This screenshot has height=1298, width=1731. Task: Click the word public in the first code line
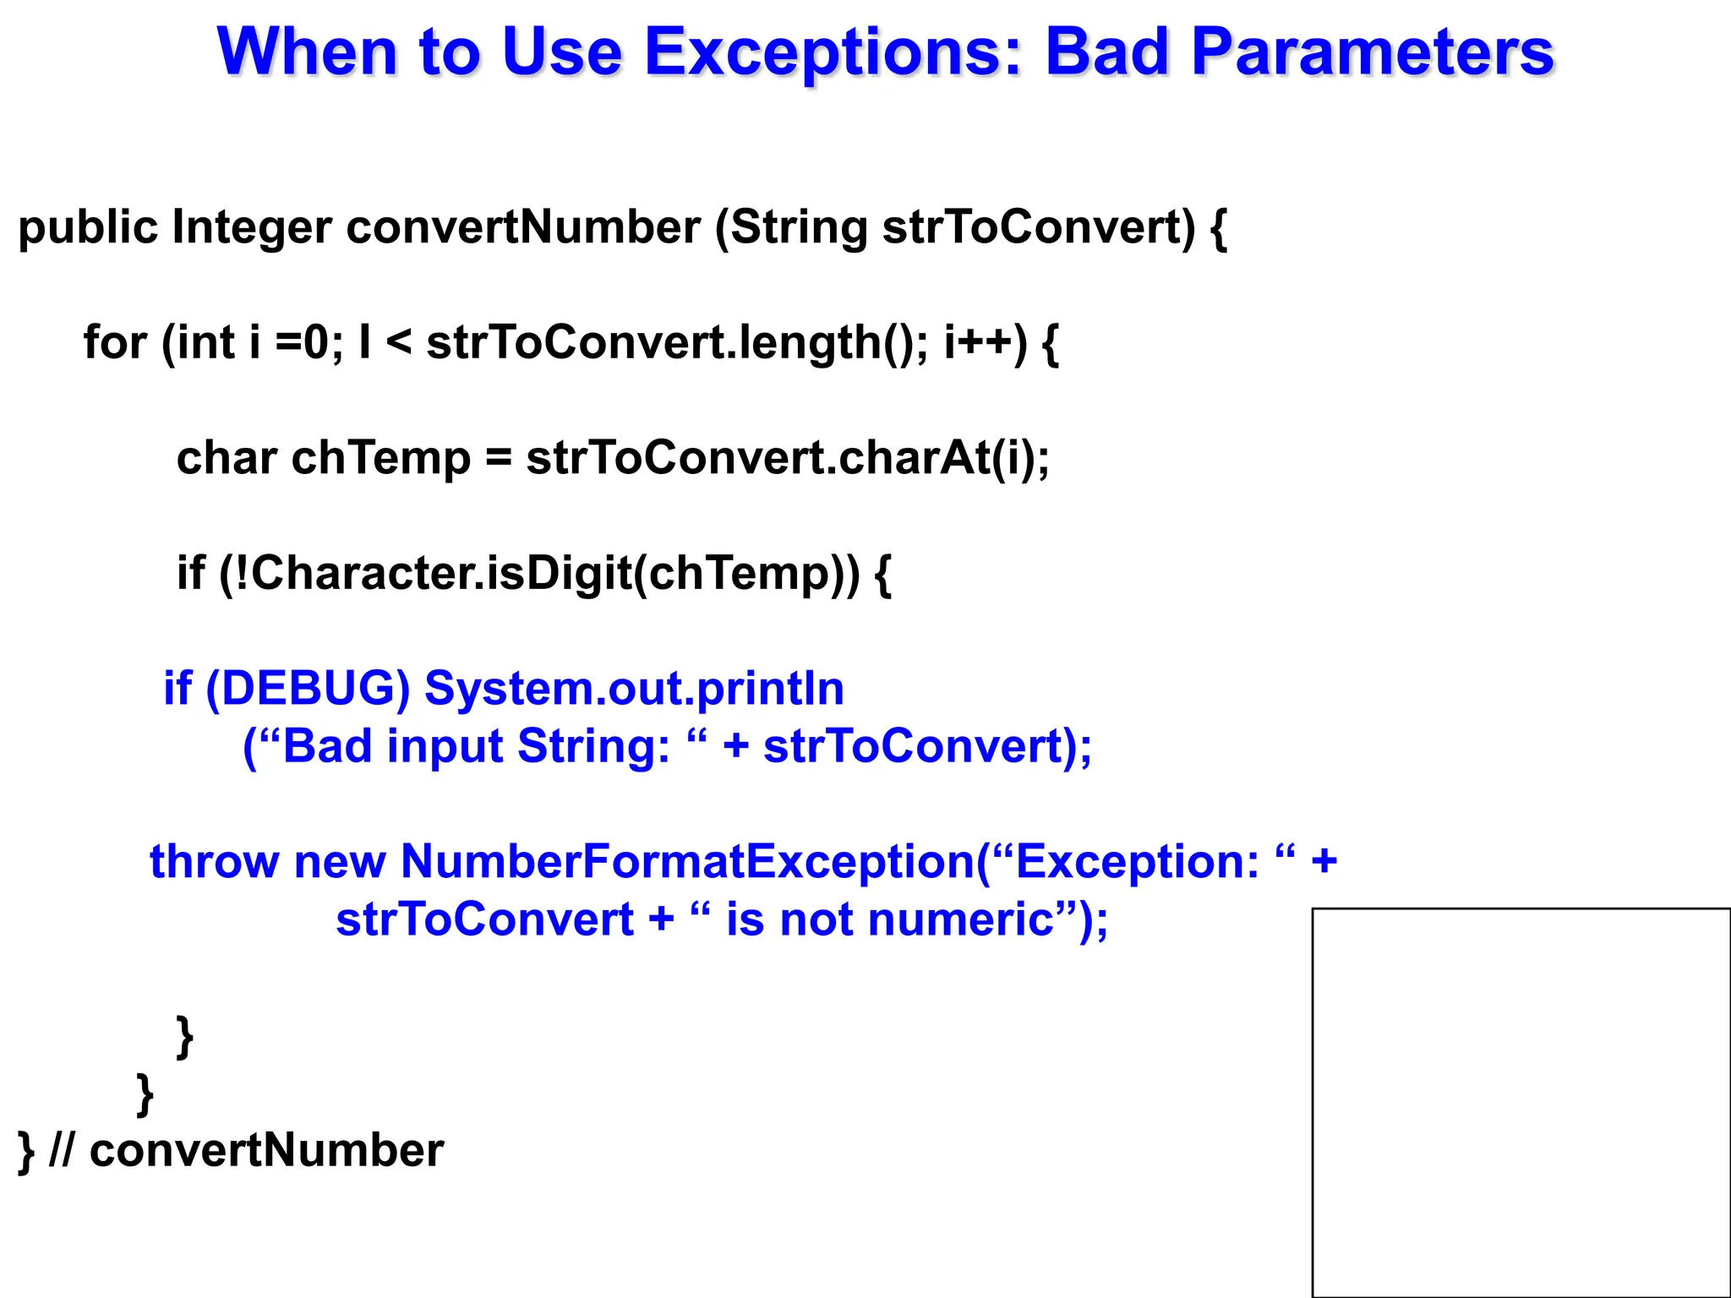pyautogui.click(x=87, y=228)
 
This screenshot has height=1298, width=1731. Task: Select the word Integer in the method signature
pyautogui.click(x=251, y=228)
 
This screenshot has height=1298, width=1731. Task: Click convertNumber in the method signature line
pyautogui.click(x=522, y=228)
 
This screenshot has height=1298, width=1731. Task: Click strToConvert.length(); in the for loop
pyautogui.click(x=676, y=342)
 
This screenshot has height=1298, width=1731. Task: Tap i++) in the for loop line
pyautogui.click(x=985, y=342)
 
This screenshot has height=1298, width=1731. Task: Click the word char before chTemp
pyautogui.click(x=226, y=458)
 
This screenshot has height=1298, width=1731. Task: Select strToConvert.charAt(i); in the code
pyautogui.click(x=787, y=458)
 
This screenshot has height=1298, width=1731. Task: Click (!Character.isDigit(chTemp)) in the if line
pyautogui.click(x=538, y=574)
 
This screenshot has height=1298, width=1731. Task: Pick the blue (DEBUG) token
pyautogui.click(x=307, y=689)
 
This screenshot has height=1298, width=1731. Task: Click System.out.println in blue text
pyautogui.click(x=634, y=689)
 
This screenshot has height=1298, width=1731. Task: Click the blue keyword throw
pyautogui.click(x=214, y=862)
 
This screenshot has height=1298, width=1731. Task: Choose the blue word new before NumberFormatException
pyautogui.click(x=340, y=862)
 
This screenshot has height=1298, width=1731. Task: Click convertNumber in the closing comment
pyautogui.click(x=266, y=1151)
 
